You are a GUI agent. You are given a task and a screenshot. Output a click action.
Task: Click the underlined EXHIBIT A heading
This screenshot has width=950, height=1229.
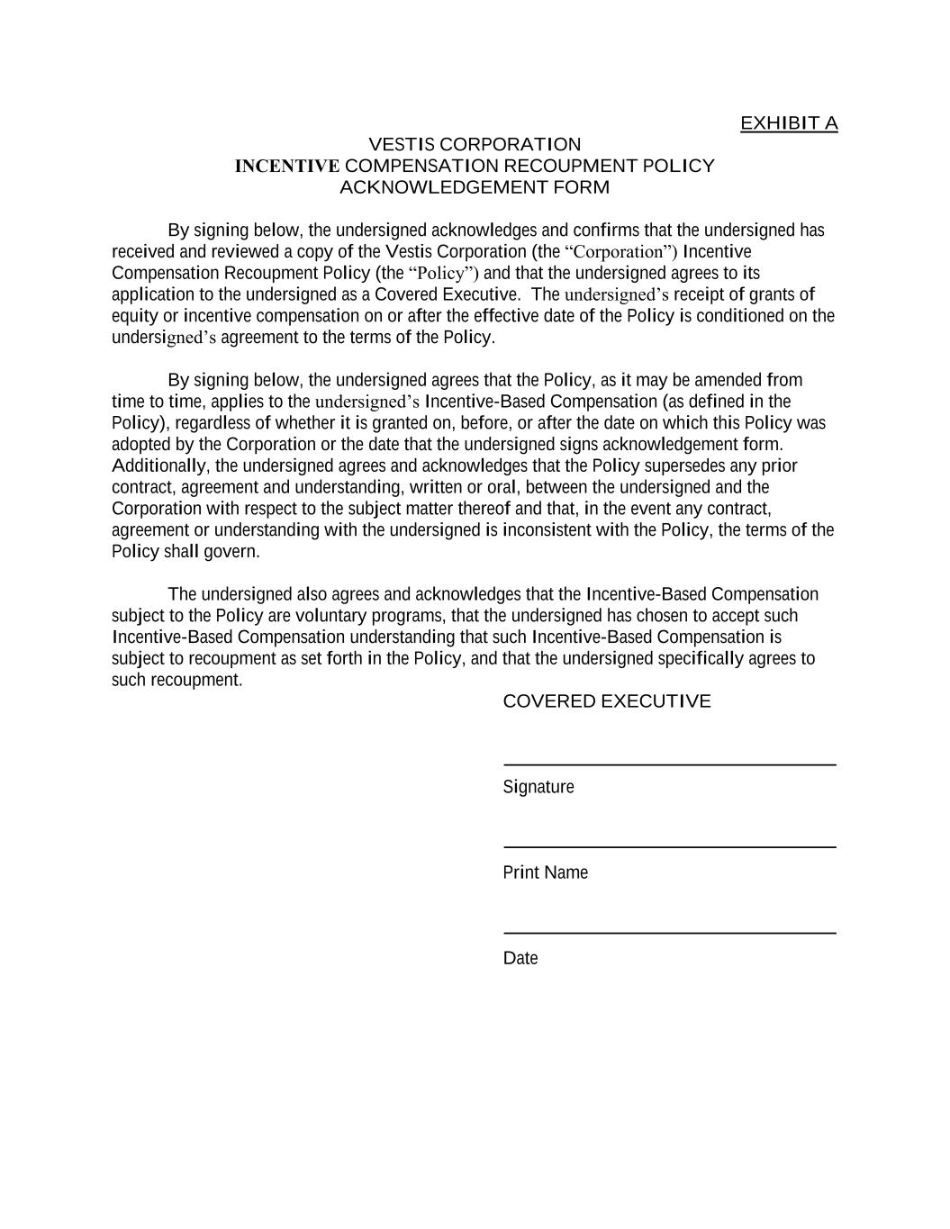tap(788, 123)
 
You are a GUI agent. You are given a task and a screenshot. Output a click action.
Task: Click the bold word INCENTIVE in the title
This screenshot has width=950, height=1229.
tap(286, 167)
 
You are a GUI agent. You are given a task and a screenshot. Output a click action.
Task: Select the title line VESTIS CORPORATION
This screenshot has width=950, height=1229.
tap(475, 145)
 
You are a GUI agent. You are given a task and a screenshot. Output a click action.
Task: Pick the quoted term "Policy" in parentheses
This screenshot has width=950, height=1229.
tap(444, 274)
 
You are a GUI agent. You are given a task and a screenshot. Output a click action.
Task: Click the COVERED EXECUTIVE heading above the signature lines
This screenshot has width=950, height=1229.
tap(606, 701)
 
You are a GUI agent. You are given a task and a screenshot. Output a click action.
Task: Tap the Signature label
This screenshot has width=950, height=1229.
tap(538, 787)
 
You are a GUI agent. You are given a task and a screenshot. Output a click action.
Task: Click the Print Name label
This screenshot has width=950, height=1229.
tap(545, 872)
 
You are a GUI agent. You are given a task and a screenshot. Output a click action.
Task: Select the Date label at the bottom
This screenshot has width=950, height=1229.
tap(520, 958)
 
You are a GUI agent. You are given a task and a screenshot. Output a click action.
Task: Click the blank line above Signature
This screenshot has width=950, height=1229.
tap(669, 764)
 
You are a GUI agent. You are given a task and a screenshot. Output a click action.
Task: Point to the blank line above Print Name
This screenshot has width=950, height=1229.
tap(669, 846)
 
